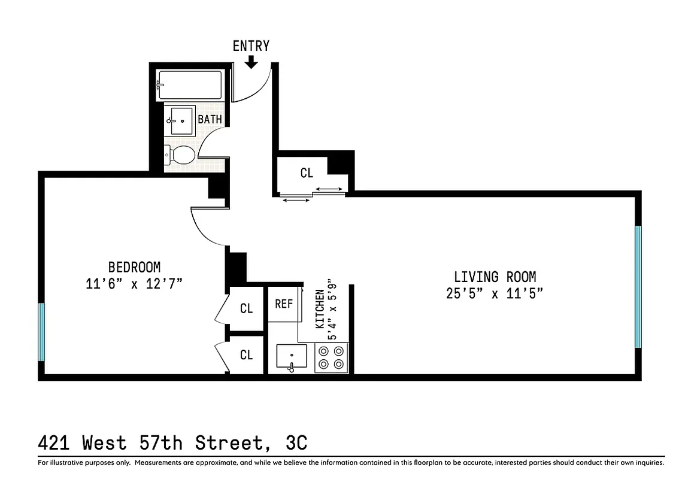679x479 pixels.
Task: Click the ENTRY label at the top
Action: (251, 46)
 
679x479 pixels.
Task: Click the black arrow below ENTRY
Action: (251, 61)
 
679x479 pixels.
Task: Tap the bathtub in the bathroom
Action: (190, 85)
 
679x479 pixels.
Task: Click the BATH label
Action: (210, 119)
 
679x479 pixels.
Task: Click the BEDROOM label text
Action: (134, 267)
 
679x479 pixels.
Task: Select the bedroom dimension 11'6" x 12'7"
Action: (134, 283)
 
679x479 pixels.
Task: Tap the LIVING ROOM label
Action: (495, 277)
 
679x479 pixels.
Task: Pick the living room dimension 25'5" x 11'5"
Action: (495, 293)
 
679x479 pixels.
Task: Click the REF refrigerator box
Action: (284, 304)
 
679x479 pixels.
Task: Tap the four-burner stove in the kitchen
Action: (331, 358)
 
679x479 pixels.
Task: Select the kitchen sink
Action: (292, 357)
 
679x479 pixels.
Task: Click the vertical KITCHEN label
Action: (320, 308)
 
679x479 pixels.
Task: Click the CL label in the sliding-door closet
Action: (307, 173)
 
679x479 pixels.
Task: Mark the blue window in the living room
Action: (638, 286)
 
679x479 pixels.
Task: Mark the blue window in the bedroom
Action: (41, 332)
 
